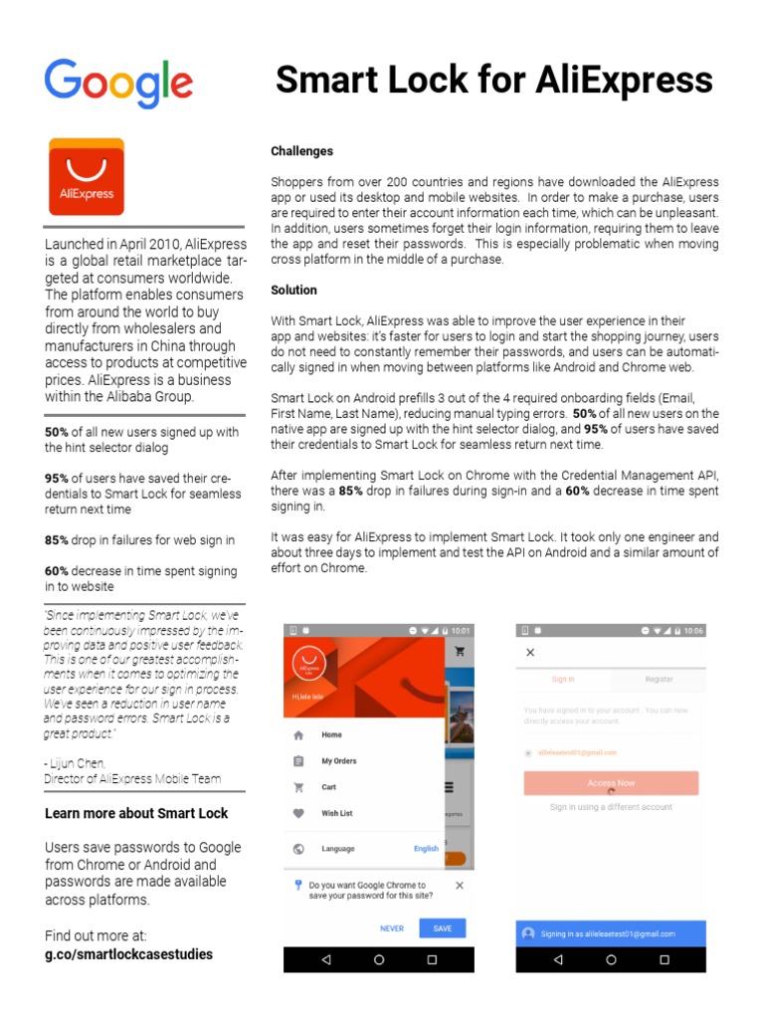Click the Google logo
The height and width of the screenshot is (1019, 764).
click(x=118, y=83)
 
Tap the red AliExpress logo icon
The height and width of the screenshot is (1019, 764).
click(x=87, y=177)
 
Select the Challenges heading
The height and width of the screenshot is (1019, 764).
click(x=301, y=151)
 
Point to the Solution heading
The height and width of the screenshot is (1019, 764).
click(x=293, y=291)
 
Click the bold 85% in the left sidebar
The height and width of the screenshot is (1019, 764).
click(x=57, y=540)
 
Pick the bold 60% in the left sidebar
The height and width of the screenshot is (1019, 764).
click(x=57, y=571)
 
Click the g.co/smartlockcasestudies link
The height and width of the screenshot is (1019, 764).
click(x=128, y=953)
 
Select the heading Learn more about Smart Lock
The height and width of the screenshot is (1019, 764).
click(x=136, y=813)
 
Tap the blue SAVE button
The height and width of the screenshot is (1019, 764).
click(x=443, y=928)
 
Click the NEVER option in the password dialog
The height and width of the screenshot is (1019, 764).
click(x=392, y=928)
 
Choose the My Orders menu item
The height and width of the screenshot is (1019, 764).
click(x=338, y=761)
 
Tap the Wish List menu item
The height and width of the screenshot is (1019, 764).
click(x=336, y=813)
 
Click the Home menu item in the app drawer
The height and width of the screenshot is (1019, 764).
click(x=331, y=735)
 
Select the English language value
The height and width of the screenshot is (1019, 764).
click(x=426, y=849)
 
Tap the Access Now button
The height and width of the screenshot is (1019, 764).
click(x=611, y=783)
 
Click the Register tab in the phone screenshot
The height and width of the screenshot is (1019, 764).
click(x=659, y=679)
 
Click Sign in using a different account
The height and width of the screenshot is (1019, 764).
click(x=611, y=807)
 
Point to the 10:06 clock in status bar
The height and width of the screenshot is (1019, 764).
click(x=693, y=631)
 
